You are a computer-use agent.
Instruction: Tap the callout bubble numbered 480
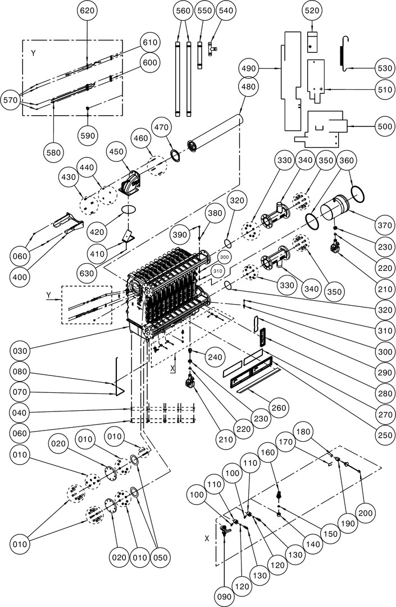coord(248,87)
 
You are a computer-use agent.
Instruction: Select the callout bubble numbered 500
coord(385,126)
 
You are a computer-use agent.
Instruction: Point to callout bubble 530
coord(384,67)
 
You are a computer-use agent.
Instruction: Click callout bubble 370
coord(384,225)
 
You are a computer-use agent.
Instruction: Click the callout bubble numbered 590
coord(88,135)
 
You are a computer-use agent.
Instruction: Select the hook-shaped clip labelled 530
coord(344,53)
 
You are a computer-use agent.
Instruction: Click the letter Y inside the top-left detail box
coord(33,52)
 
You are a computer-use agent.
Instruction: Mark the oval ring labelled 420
coord(129,210)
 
